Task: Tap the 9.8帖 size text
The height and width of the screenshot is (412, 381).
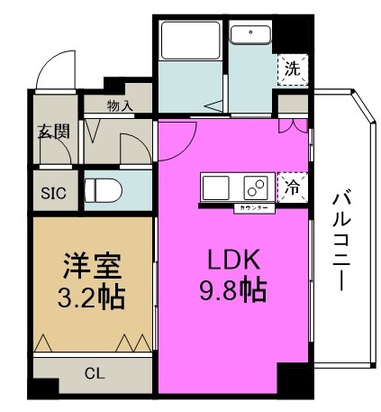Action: coord(231,292)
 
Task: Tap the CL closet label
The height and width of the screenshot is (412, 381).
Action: coord(95,373)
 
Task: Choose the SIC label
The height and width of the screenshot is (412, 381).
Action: coord(53,192)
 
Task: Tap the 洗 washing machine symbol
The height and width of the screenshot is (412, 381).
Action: coord(292,67)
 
